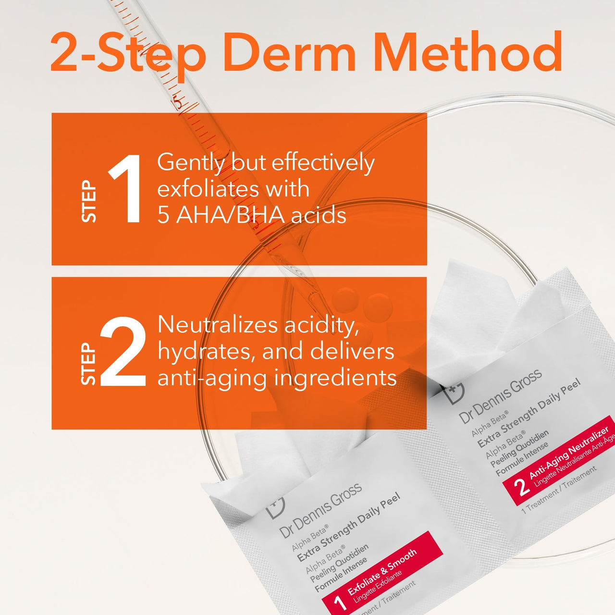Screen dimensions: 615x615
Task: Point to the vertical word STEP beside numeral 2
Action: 89,364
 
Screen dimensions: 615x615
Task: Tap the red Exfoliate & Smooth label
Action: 382,569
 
